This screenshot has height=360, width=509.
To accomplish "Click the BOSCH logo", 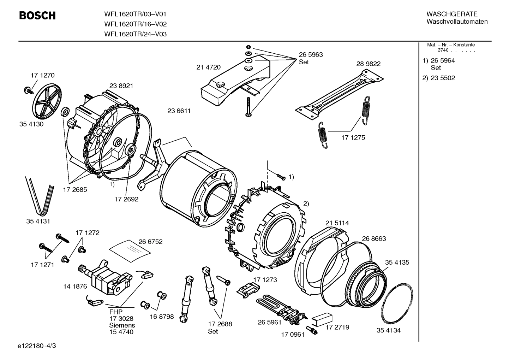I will tap(37, 16).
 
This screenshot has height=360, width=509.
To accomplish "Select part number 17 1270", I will tap(42, 75).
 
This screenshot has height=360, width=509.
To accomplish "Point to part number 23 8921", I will tap(121, 85).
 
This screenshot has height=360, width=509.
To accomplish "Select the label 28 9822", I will tap(368, 64).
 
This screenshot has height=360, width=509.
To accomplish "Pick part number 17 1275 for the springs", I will tap(353, 138).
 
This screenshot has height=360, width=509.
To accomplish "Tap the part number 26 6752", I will tap(150, 242).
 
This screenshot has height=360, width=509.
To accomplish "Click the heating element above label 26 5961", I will tap(279, 307).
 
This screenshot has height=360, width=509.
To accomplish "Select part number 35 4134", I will tap(388, 330).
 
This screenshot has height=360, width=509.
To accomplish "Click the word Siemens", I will tap(122, 325).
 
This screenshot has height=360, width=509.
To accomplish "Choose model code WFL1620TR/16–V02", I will tap(135, 24).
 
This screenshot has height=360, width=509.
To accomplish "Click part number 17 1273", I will tap(265, 280).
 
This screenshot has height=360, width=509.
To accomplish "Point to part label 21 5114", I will tap(337, 223).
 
